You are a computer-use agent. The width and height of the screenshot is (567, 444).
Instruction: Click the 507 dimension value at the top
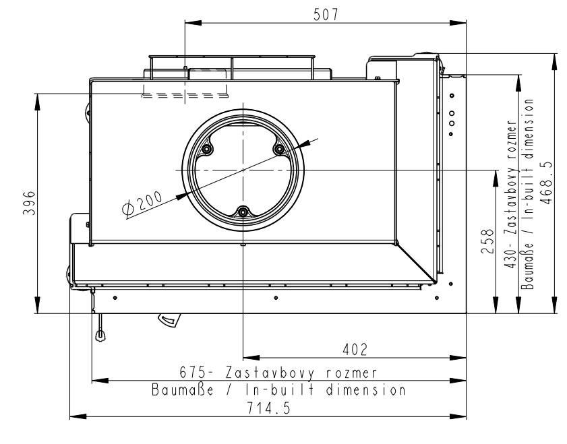(326, 14)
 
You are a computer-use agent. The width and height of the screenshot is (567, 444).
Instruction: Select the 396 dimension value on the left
(30, 203)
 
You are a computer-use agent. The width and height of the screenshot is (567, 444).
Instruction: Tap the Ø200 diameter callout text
(142, 204)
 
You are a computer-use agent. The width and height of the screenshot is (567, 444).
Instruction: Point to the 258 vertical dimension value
(487, 241)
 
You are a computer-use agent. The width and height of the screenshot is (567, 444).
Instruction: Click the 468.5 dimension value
(546, 183)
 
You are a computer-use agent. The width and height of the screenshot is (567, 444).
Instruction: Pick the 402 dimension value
(355, 350)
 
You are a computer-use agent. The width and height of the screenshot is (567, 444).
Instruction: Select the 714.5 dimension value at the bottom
(269, 408)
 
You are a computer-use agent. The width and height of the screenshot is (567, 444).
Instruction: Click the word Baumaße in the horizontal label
(183, 390)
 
